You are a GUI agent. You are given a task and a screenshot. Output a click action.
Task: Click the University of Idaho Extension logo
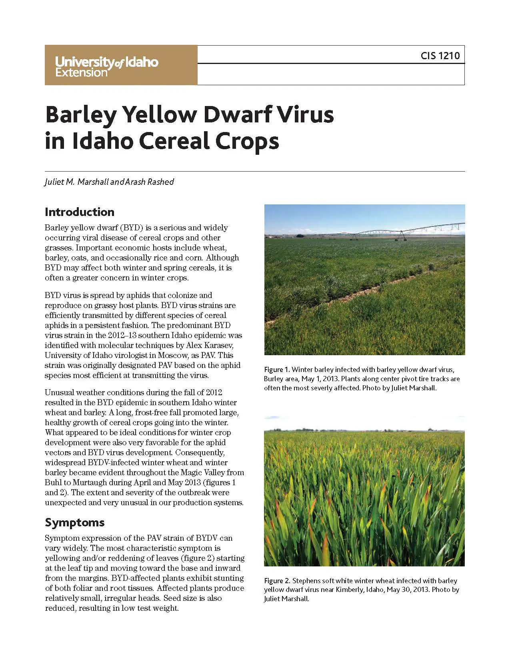[x=107, y=66]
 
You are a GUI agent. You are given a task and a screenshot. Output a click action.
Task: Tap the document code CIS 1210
[x=440, y=56]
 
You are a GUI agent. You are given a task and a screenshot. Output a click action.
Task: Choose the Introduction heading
[x=80, y=212]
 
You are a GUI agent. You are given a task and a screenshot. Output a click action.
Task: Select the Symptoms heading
[x=75, y=522]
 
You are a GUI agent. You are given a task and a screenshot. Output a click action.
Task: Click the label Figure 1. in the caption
[x=277, y=370]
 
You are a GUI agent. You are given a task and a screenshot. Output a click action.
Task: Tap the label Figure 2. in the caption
[x=277, y=581]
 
